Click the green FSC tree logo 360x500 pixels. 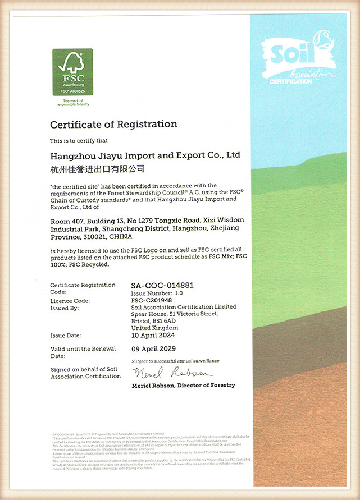coord(72,72)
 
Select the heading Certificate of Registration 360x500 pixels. coord(113,124)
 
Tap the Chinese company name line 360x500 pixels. coord(98,168)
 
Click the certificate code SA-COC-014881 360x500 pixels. coord(162,285)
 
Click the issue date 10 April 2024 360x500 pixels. coord(153,335)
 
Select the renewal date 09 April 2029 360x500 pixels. coord(153,348)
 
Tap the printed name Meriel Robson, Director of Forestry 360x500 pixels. coord(183,386)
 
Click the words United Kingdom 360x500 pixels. coord(154,328)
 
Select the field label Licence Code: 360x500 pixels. coord(70,300)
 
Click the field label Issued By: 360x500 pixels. coord(64,308)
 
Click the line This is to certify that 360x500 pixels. coord(83,140)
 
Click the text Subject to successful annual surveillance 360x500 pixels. coord(175,360)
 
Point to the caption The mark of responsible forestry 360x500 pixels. coord(72,103)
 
